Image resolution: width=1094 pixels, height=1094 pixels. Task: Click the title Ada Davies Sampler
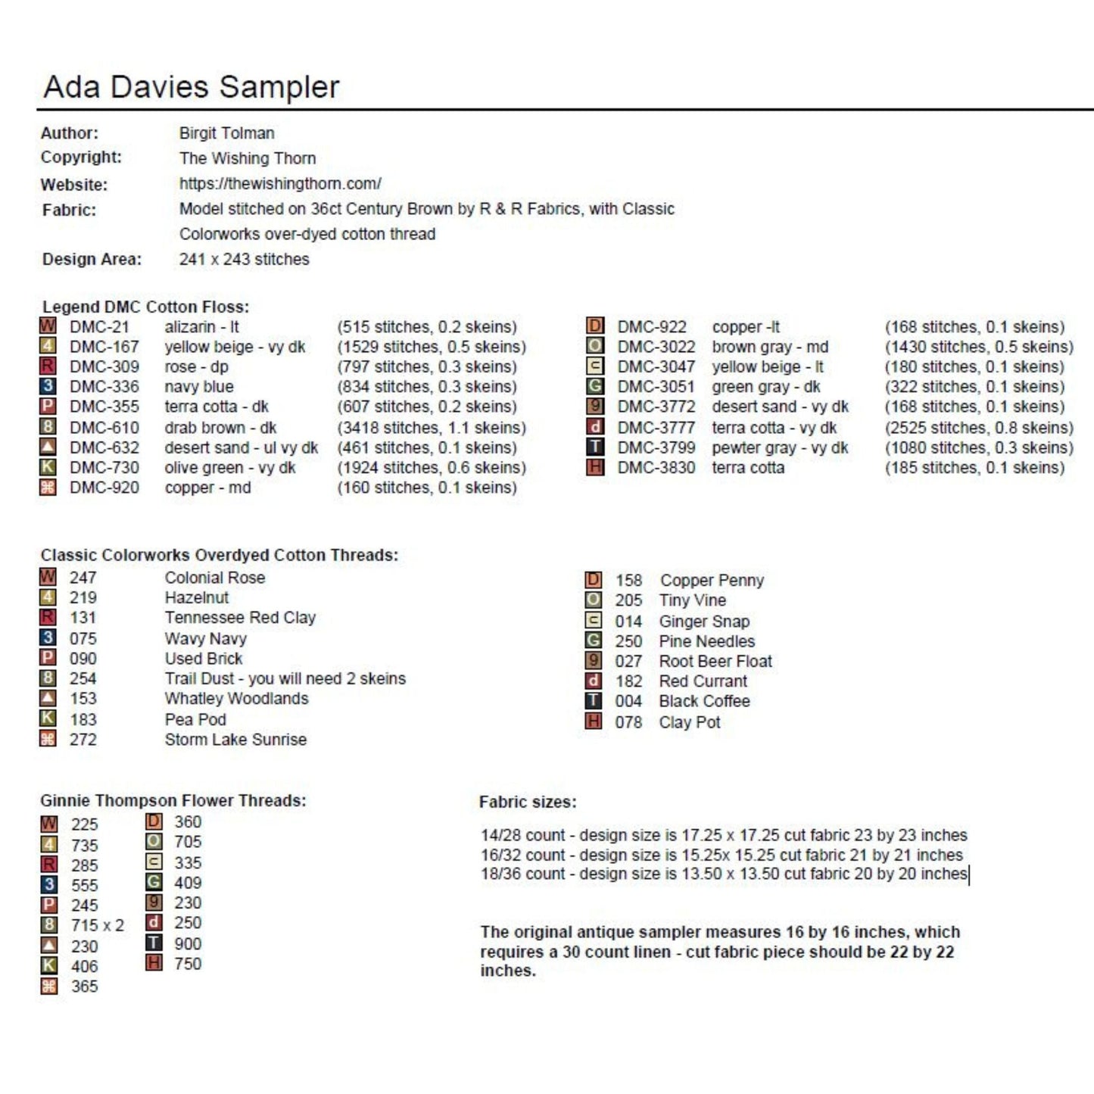pos(191,87)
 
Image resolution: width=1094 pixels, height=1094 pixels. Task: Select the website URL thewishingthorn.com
pos(280,184)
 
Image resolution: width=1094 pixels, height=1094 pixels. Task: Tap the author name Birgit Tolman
pos(226,133)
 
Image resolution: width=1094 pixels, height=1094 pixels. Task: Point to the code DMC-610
pos(104,428)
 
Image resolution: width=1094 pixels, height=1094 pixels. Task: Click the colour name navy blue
pos(199,387)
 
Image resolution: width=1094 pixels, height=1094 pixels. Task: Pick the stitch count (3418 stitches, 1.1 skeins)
pos(431,428)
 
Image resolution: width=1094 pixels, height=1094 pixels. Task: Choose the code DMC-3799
pos(656,448)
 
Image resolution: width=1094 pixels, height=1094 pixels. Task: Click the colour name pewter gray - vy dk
pos(780,448)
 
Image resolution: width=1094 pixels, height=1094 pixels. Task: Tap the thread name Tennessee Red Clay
pos(240,618)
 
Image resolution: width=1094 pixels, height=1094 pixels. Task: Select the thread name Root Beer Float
pos(715,662)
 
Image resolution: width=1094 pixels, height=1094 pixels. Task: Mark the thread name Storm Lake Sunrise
pos(235,740)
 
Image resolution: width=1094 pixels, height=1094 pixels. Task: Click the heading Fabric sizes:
pos(528,803)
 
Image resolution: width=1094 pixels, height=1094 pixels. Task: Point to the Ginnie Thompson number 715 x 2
pos(98,925)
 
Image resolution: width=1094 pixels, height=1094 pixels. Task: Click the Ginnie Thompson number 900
pos(188,944)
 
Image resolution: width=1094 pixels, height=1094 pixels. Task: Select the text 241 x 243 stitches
pos(244,260)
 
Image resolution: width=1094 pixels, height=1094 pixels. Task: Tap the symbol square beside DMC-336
pos(48,387)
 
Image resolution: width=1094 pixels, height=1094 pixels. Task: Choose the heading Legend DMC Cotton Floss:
pos(145,307)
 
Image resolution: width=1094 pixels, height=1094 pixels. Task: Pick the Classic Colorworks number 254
pos(83,679)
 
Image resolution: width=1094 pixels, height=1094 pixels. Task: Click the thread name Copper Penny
pos(712,581)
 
